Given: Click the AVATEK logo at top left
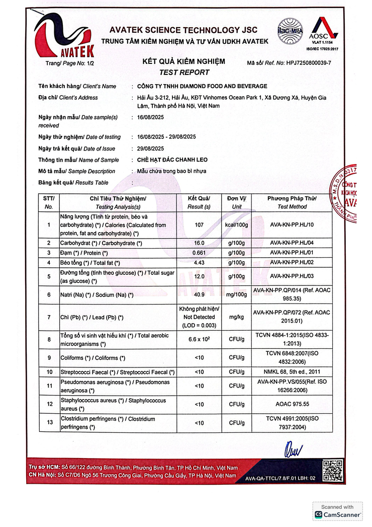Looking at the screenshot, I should [63, 38].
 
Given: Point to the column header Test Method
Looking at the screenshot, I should [292, 207].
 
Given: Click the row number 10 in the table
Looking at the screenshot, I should [49, 372].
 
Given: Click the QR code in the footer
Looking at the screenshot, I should [333, 471].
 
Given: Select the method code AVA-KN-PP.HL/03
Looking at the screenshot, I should [292, 276].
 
